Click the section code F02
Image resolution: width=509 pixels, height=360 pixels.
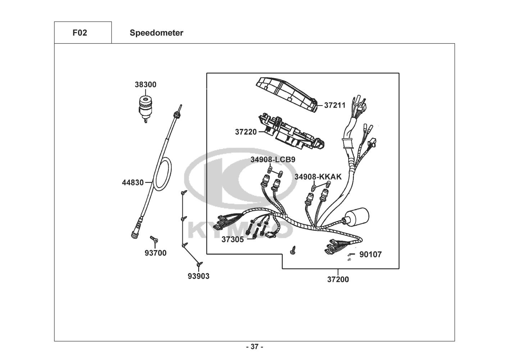pyautogui.click(x=79, y=33)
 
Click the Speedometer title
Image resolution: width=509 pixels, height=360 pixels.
pyautogui.click(x=156, y=33)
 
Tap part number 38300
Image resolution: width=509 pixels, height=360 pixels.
pyautogui.click(x=145, y=85)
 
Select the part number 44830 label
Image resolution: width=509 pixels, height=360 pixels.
pyautogui.click(x=132, y=183)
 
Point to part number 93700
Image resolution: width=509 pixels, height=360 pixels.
pyautogui.click(x=155, y=253)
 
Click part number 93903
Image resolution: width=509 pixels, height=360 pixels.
pyautogui.click(x=198, y=276)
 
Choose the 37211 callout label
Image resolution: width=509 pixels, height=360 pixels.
pyautogui.click(x=335, y=105)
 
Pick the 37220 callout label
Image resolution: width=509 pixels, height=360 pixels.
pyautogui.click(x=246, y=132)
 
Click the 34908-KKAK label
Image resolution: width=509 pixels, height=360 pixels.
pyautogui.click(x=318, y=177)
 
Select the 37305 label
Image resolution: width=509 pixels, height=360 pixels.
pyautogui.click(x=232, y=239)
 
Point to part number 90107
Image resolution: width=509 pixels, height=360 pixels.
pyautogui.click(x=371, y=255)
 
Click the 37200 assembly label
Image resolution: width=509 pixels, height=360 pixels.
pyautogui.click(x=338, y=279)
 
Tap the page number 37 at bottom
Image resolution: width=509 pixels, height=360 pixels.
pyautogui.click(x=254, y=347)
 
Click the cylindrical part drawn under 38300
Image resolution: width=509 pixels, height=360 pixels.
pyautogui.click(x=145, y=107)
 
